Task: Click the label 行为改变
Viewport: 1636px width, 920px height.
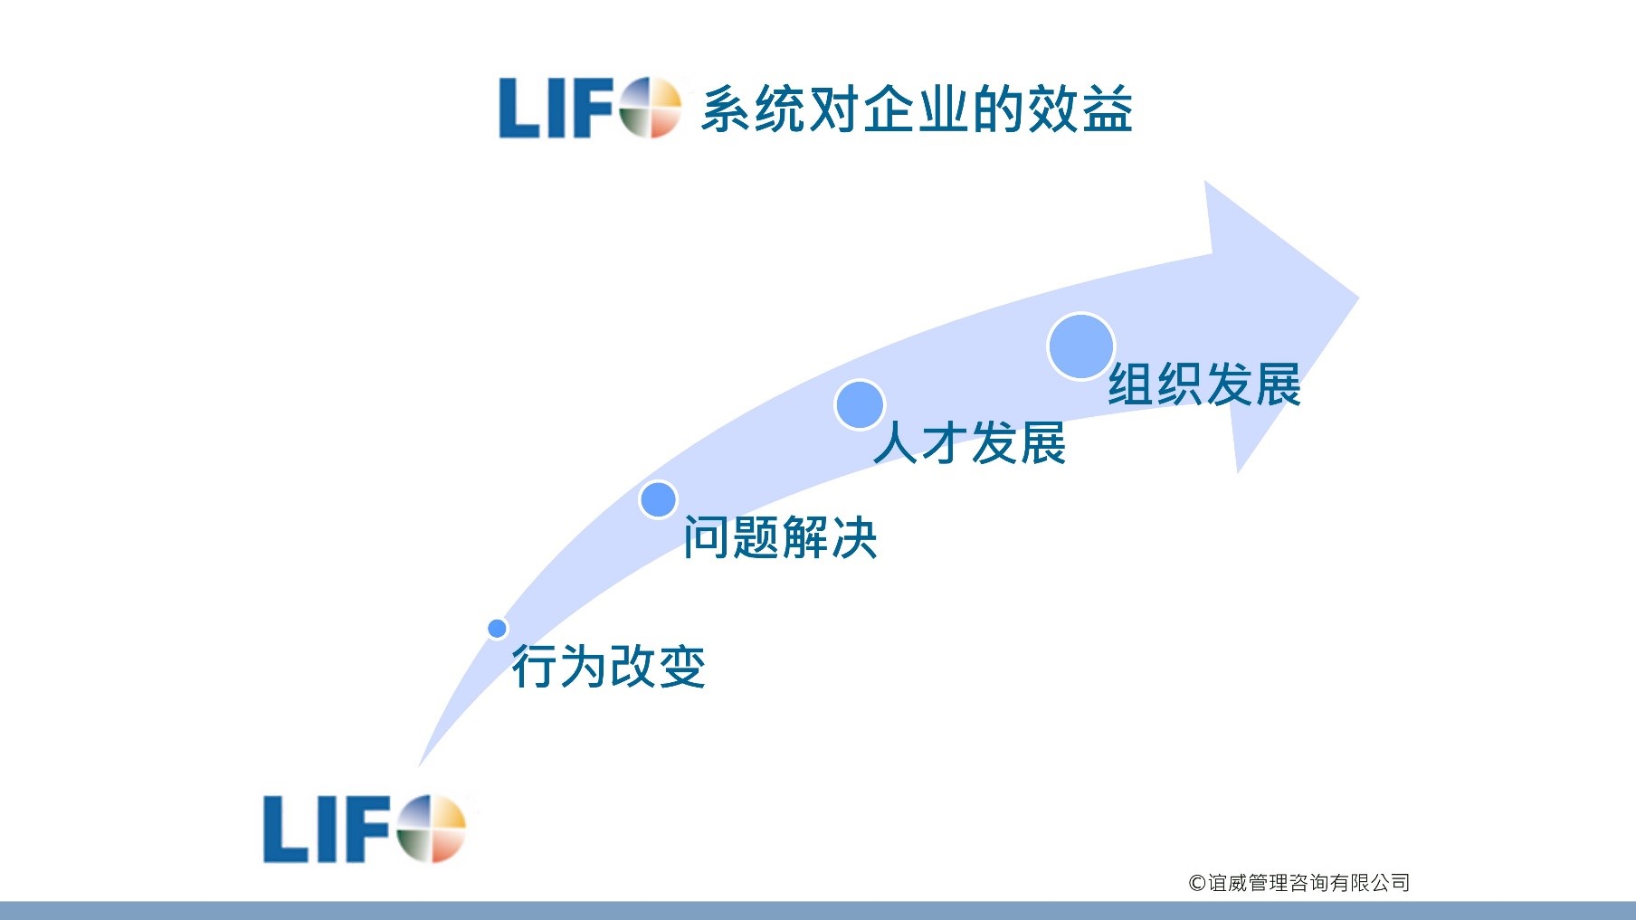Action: (608, 667)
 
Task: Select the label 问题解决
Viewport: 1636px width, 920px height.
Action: (780, 537)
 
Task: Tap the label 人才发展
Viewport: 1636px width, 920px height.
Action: (970, 443)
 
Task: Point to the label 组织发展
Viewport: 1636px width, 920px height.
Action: (1204, 384)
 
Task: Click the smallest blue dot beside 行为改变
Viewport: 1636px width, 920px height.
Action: (497, 628)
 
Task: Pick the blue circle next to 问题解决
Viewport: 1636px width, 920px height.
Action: (658, 499)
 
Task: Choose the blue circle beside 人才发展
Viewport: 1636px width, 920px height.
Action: (859, 404)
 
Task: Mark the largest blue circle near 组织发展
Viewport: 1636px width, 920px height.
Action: (1080, 346)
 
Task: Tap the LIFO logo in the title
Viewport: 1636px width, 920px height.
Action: (589, 108)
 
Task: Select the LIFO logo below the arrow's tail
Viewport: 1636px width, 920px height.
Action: (364, 829)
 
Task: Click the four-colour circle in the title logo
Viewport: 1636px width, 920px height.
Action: (650, 108)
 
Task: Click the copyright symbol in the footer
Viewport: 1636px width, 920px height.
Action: (1196, 883)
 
